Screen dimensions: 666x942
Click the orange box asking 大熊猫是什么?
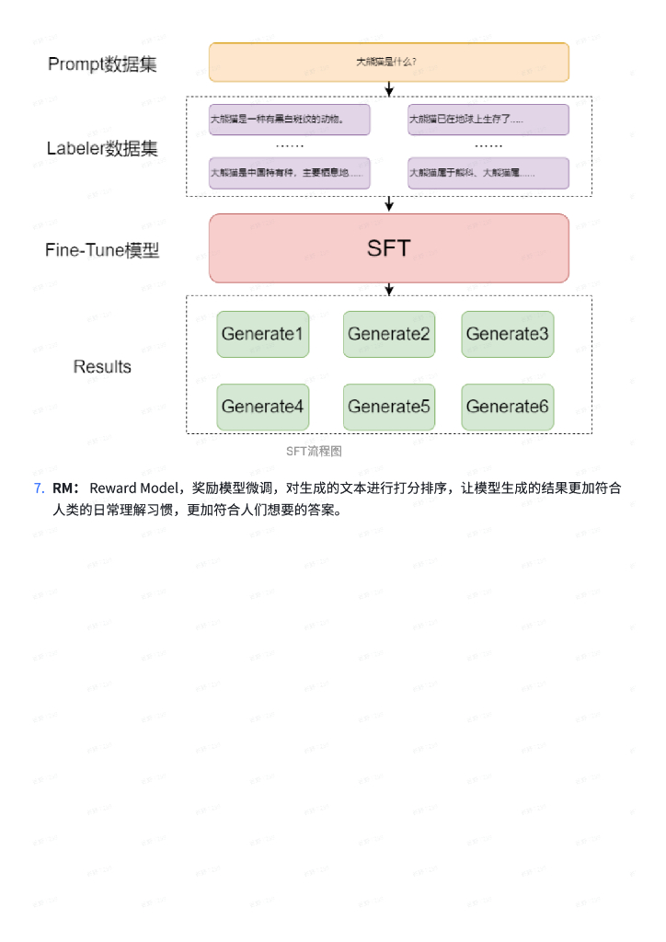point(388,62)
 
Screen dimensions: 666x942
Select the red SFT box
point(388,248)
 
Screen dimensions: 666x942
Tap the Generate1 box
point(262,334)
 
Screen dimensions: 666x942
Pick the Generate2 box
point(388,334)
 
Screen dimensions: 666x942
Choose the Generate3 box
point(507,334)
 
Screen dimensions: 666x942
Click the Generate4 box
point(262,407)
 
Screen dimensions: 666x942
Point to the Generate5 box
point(388,407)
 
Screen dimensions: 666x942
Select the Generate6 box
point(507,407)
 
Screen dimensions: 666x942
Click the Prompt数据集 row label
point(102,64)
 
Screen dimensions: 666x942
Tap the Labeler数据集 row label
point(102,148)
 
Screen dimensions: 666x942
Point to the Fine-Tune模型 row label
point(102,249)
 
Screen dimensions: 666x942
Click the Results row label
point(102,367)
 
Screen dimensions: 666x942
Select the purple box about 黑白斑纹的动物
point(289,120)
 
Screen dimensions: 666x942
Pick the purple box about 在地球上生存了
point(488,120)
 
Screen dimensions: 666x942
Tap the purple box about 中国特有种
point(289,173)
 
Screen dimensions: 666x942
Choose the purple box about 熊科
point(488,173)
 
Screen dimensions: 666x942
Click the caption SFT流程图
point(314,451)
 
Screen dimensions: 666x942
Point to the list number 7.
point(39,488)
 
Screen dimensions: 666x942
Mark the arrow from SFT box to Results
point(389,289)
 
